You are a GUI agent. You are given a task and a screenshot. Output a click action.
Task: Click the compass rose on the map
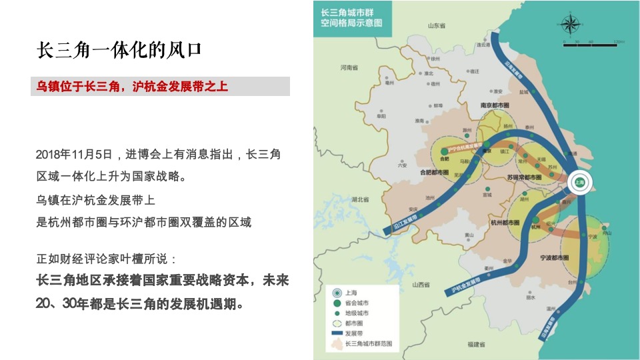pos(571,25)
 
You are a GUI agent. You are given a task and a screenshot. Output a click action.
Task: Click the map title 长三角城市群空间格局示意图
pos(351,17)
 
